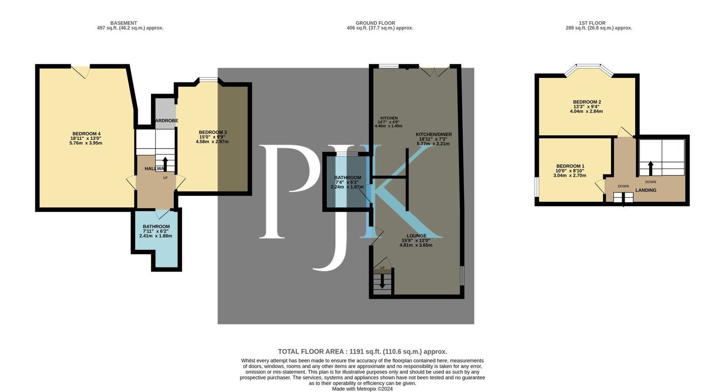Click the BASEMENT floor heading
tap(123, 23)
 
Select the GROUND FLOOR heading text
tap(375, 23)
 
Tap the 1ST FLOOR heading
tap(592, 23)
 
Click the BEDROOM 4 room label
tap(86, 134)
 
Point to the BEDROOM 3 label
tap(213, 133)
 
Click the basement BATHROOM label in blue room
tap(156, 227)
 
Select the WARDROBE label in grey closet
tap(166, 121)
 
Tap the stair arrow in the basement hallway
tap(165, 163)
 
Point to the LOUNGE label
tap(416, 236)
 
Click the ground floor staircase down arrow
tap(382, 282)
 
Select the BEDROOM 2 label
tap(587, 102)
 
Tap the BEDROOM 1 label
tap(570, 167)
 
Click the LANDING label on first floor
tap(646, 191)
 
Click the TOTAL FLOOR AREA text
tap(362, 352)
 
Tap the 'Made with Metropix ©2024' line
tap(362, 389)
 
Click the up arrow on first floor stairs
tap(651, 168)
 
